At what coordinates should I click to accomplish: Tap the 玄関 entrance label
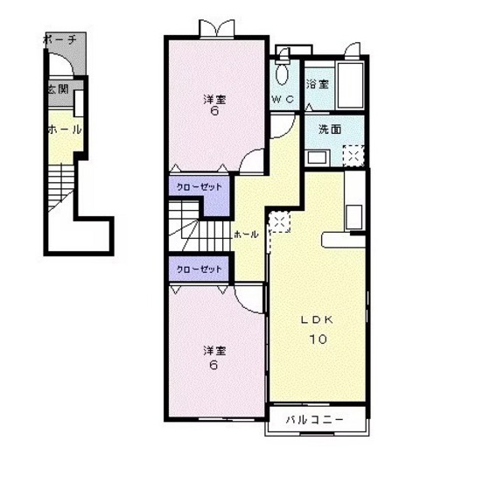coord(58,89)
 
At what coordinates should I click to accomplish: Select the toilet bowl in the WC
coord(282,73)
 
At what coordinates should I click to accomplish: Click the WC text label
coord(283,100)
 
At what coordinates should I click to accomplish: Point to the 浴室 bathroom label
coord(317,84)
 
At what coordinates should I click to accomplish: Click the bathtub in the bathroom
coord(351,85)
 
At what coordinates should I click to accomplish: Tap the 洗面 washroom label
coord(330,129)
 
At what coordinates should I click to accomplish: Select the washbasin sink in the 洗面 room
coord(318,157)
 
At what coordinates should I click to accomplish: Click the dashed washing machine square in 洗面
coord(353,156)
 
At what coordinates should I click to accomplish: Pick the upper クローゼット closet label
coord(199,187)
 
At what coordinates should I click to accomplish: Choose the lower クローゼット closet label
coord(199,269)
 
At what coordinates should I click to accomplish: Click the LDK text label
coord(317,319)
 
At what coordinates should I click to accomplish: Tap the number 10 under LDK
coord(318,339)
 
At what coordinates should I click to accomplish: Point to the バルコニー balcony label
coord(315,419)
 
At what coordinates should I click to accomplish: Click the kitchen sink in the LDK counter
coord(354,217)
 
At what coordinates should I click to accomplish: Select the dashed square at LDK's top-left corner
coord(280,221)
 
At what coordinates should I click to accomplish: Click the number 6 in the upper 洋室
coord(214,111)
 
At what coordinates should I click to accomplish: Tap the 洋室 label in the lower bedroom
coord(214,351)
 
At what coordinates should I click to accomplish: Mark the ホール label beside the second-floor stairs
coord(246,234)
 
